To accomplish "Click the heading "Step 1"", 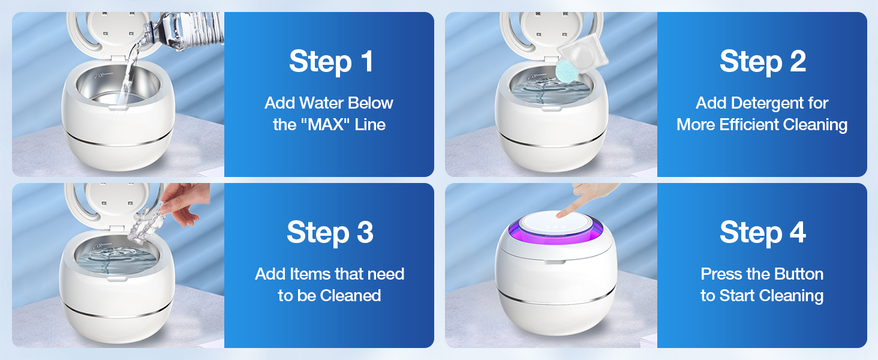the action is (331, 62).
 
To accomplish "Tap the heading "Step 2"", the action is (763, 62).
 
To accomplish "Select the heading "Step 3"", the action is (330, 233).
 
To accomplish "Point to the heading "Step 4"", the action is (763, 233).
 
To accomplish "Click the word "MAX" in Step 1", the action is (329, 125).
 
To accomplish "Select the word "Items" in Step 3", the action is (308, 274).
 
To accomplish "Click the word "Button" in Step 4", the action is (798, 274).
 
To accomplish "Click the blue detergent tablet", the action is (567, 71).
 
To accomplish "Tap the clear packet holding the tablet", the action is (582, 52).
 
